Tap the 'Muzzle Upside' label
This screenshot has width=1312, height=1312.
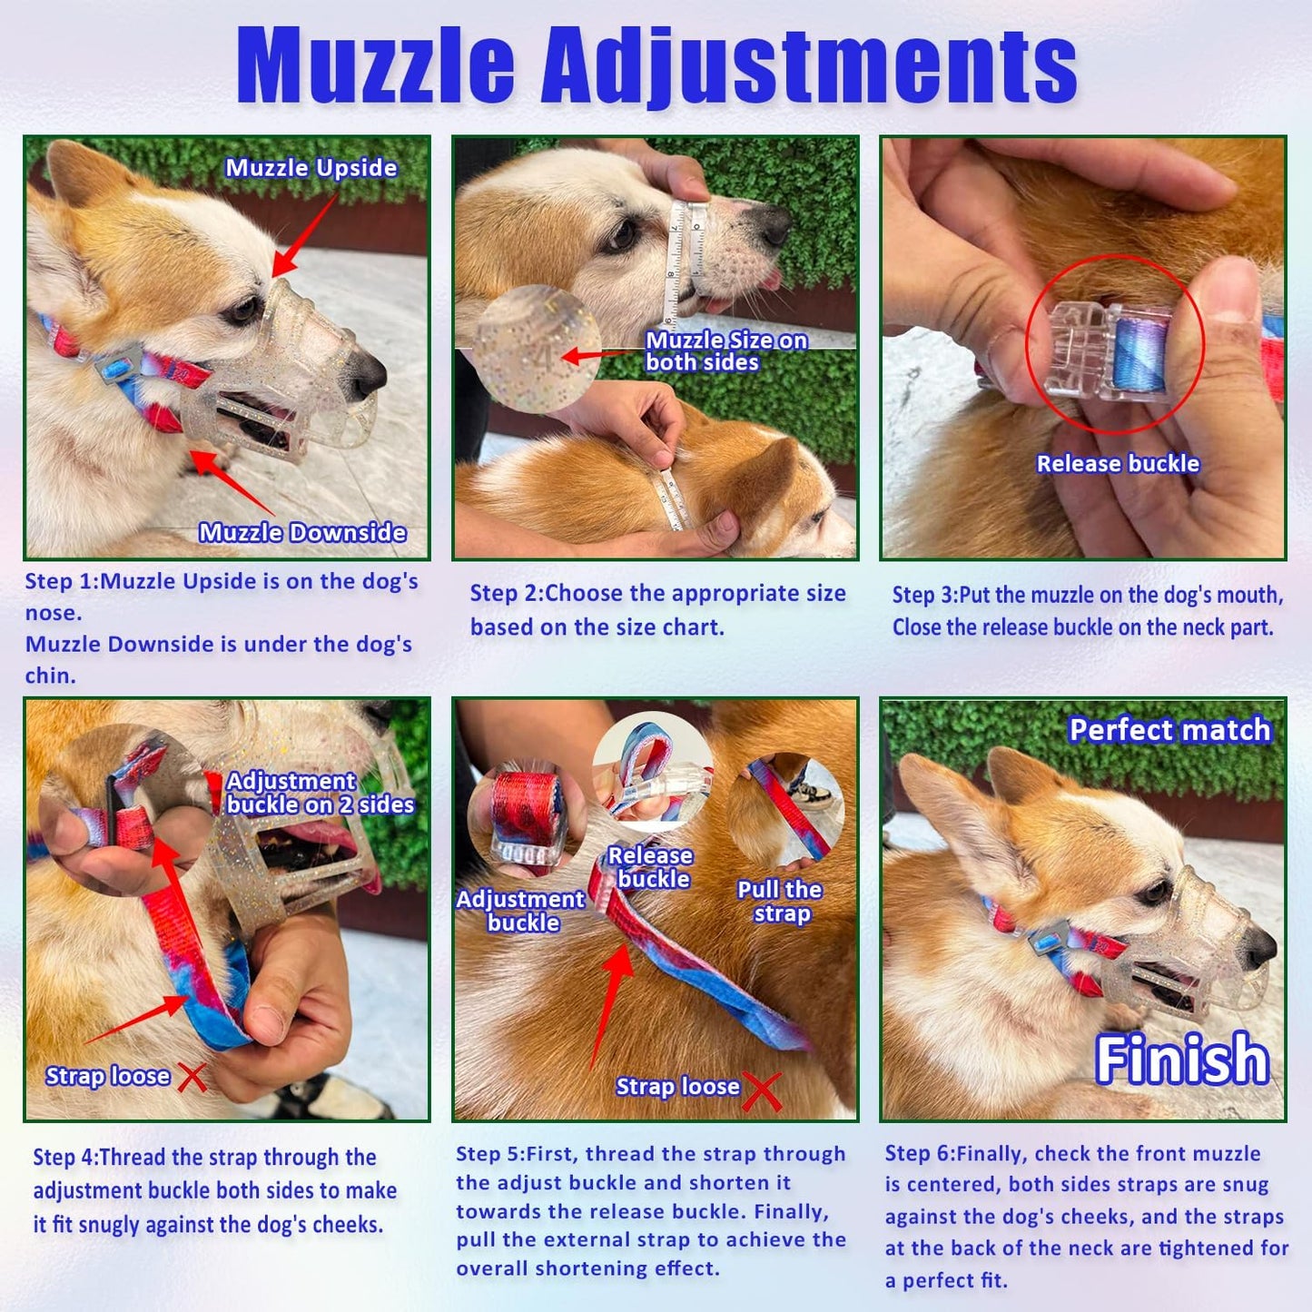point(311,168)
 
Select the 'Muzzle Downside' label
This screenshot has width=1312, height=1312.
point(302,532)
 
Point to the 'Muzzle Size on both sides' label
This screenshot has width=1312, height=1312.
point(725,351)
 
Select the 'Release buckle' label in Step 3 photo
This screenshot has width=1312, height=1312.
point(1118,464)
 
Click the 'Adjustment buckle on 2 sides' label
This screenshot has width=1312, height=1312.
point(320,793)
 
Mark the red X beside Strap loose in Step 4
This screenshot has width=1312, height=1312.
point(192,1077)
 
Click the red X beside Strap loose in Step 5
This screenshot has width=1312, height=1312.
point(761,1090)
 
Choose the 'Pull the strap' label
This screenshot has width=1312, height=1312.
point(780,902)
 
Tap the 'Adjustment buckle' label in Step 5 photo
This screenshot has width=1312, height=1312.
point(521,911)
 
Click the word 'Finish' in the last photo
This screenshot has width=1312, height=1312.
point(1181,1060)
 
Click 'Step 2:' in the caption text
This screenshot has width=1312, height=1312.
point(505,594)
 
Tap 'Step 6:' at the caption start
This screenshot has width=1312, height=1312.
point(919,1154)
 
